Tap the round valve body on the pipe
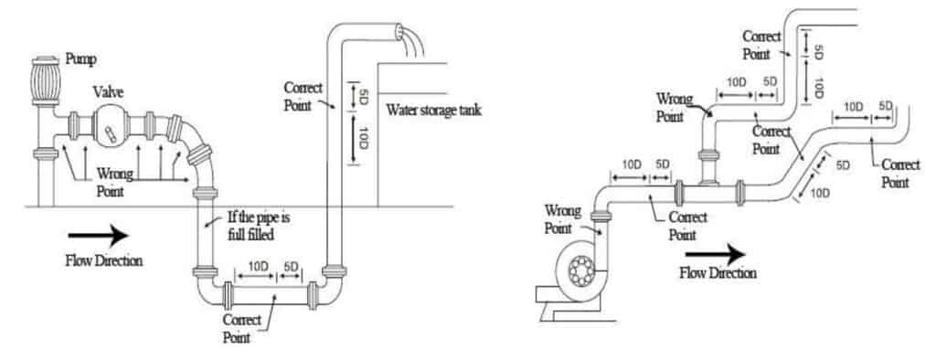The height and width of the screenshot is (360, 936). click(x=111, y=126)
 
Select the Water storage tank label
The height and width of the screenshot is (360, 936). click(x=433, y=111)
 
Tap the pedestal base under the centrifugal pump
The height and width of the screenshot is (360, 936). click(x=568, y=309)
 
